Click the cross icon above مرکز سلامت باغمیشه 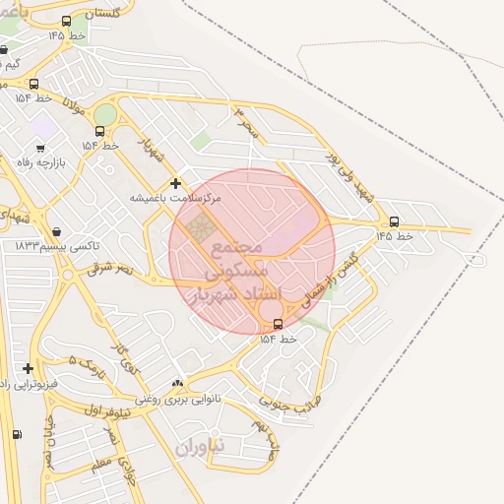pos(176,183)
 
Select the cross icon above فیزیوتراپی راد pos(28,368)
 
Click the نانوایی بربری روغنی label pos(178,399)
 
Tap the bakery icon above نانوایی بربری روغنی pos(177,383)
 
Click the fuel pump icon pos(16,434)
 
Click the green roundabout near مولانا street pos(104,116)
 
